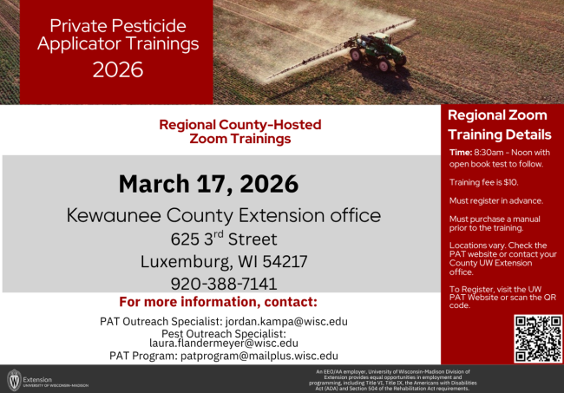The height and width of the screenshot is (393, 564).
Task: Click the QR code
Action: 538,337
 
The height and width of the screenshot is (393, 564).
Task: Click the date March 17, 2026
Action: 208,184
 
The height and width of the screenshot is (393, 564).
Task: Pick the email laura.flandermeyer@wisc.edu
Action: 224,343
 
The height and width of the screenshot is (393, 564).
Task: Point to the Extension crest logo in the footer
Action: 13,380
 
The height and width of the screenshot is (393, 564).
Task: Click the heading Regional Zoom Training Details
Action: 499,125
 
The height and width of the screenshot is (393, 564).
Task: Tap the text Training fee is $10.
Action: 483,182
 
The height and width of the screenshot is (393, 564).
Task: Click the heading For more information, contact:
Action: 218,303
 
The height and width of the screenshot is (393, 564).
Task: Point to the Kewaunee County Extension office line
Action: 224,214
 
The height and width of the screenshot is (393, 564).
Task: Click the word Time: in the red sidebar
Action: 461,153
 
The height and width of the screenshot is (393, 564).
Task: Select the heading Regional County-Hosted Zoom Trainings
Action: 224,131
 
